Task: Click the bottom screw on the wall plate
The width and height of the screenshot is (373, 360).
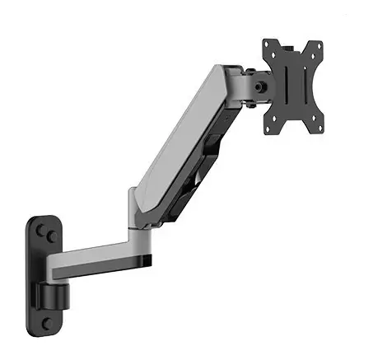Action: coord(48,322)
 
